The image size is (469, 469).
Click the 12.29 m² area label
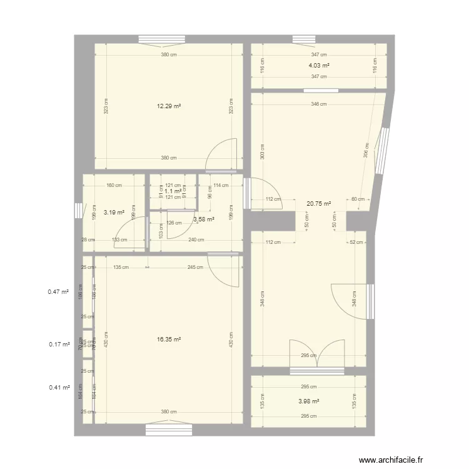[169, 106]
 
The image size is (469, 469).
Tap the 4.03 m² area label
[319, 65]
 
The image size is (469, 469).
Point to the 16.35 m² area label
[169, 340]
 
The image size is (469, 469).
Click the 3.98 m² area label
[309, 401]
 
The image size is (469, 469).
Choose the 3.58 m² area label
[204, 219]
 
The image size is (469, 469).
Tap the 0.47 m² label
[58, 291]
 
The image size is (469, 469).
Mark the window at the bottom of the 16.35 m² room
[169, 430]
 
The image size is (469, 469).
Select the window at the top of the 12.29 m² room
[161, 39]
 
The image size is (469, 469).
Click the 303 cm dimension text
[262, 151]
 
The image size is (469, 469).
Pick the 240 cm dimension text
[196, 240]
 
